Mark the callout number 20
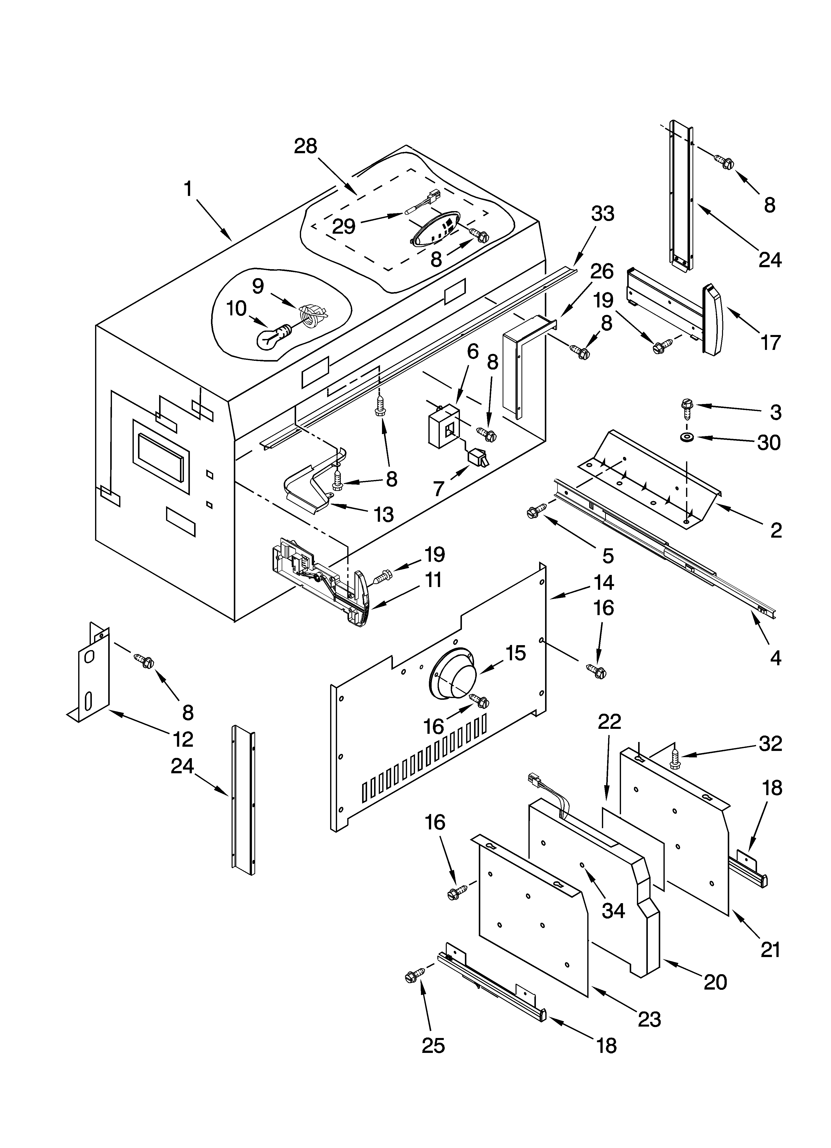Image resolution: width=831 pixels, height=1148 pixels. tap(715, 981)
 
